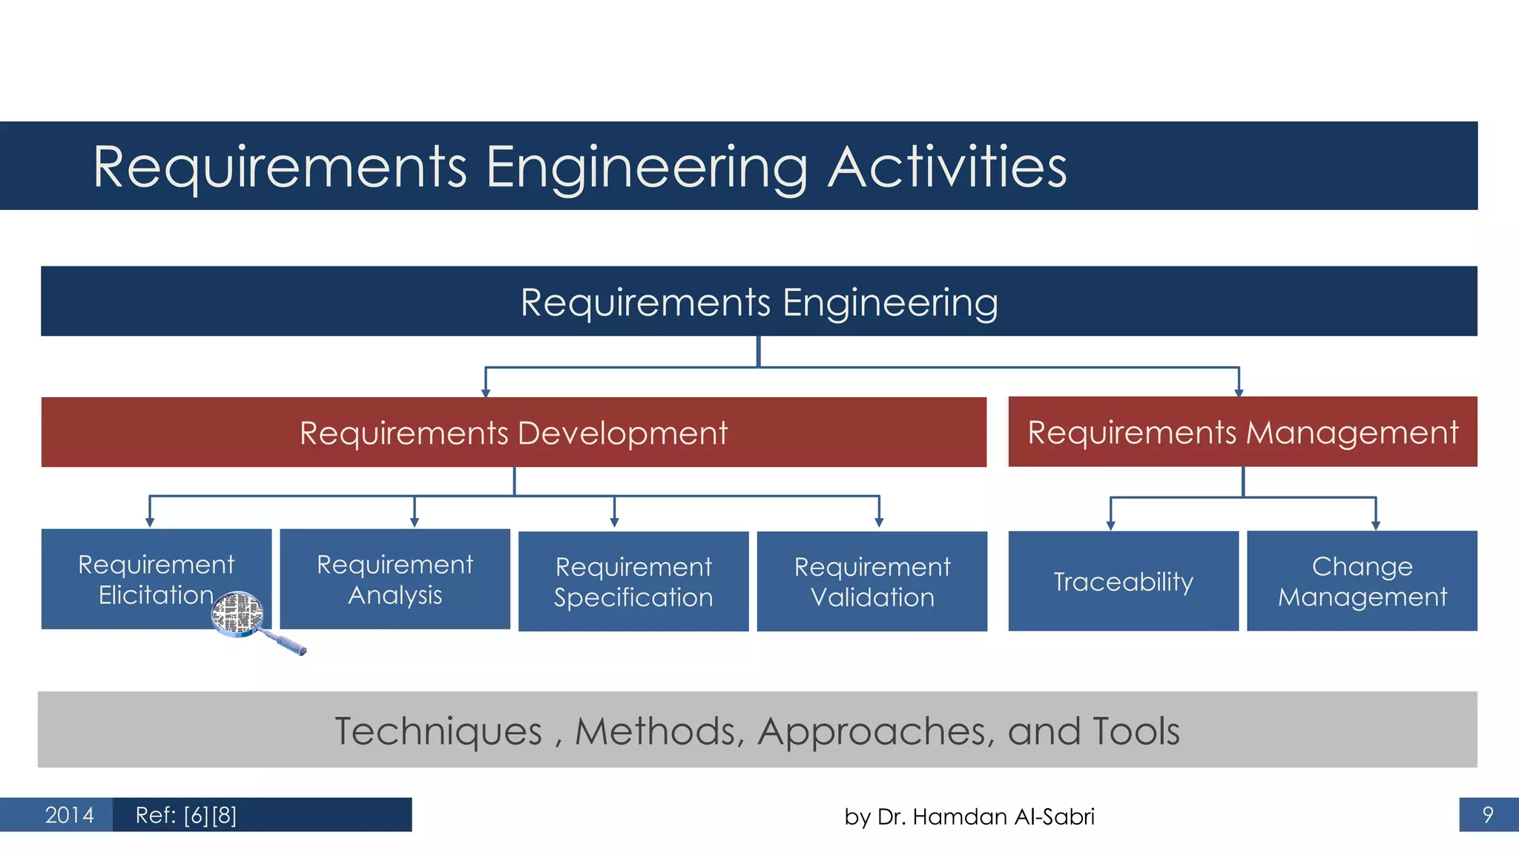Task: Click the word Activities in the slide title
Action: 947,167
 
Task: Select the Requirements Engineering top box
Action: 759,302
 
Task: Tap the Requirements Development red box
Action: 513,433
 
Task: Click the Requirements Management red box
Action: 1242,432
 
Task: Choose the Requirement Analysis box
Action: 395,580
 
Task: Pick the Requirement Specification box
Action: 633,582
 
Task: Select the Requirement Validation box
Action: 871,582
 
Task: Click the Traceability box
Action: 1123,582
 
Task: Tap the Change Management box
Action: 1362,582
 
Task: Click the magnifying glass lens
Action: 237,613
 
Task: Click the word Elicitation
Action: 156,595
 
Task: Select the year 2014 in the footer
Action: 69,815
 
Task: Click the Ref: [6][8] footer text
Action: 186,815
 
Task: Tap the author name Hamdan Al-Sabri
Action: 1003,816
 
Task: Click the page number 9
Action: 1487,815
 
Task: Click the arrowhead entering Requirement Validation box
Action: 879,522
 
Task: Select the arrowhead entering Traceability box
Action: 1110,525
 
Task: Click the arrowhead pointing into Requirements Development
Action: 486,393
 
